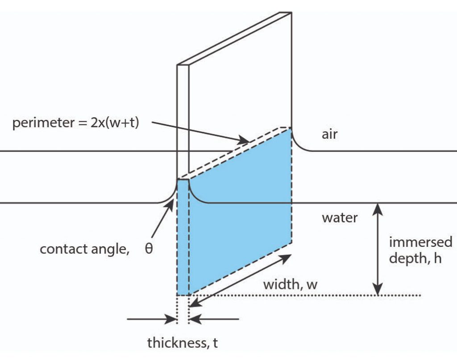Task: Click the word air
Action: click(x=329, y=134)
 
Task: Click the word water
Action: click(x=340, y=218)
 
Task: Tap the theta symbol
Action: click(x=149, y=248)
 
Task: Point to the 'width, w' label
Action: click(x=290, y=284)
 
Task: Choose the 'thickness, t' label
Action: click(x=183, y=343)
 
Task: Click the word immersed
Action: click(x=420, y=242)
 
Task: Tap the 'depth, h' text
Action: click(x=415, y=258)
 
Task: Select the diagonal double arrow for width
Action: click(x=241, y=280)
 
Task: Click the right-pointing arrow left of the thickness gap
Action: click(x=152, y=319)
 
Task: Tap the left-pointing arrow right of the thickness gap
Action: click(x=214, y=319)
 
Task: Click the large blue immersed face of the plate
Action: click(x=241, y=210)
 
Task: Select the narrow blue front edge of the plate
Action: click(x=183, y=237)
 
